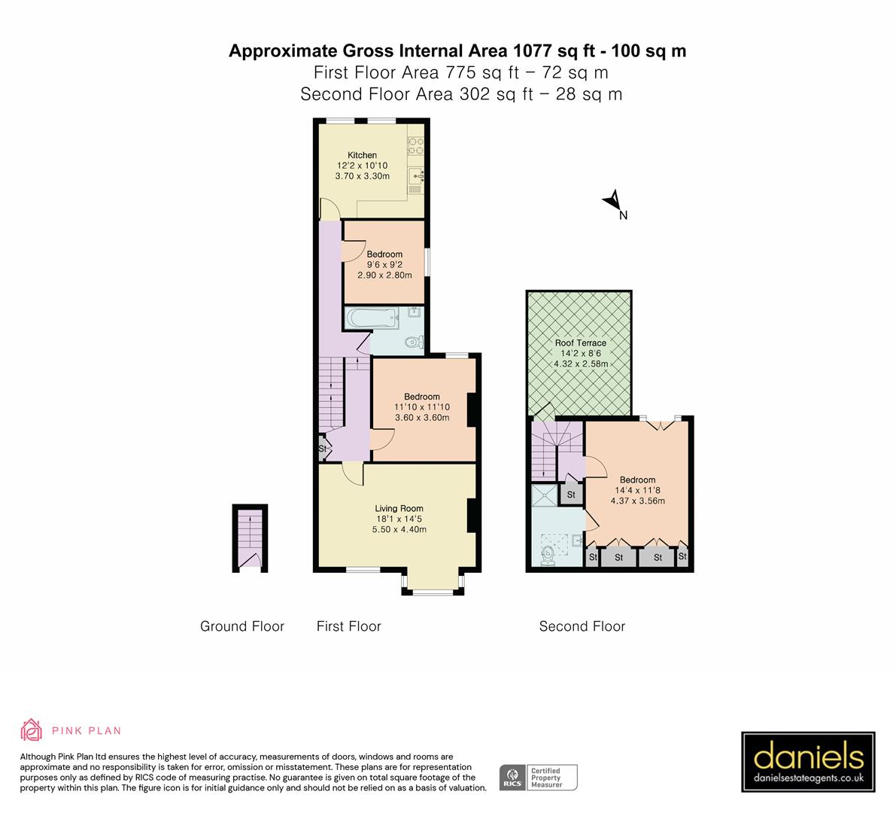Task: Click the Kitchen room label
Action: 362,155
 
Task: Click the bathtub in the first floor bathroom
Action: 372,319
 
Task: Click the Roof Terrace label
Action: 580,343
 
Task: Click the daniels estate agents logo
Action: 808,762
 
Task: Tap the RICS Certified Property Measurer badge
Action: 539,777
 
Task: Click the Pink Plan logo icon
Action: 32,729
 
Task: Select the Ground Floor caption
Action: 242,626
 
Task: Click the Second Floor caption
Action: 582,626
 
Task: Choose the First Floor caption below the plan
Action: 348,626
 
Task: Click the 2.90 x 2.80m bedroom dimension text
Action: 384,276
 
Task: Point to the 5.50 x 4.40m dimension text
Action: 399,529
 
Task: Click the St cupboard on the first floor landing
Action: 323,449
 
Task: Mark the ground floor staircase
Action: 249,536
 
